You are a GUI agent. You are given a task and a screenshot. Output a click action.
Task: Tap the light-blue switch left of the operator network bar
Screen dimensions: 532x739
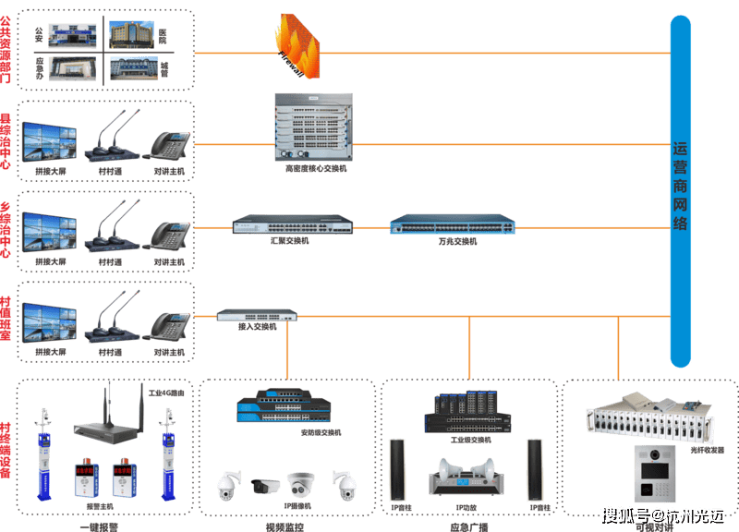pyautogui.click(x=453, y=224)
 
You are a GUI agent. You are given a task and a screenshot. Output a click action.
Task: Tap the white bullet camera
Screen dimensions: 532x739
pyautogui.click(x=263, y=484)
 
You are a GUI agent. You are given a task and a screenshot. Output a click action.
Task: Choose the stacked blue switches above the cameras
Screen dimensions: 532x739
pyautogui.click(x=287, y=407)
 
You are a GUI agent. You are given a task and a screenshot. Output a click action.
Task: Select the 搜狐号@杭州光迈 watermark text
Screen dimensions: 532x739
pyautogui.click(x=660, y=514)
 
